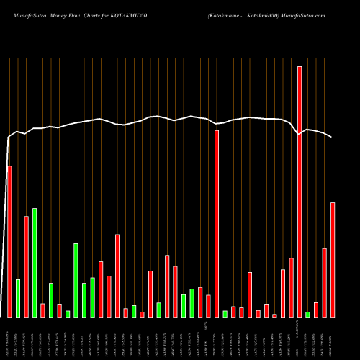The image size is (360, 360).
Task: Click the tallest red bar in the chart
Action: tap(300, 192)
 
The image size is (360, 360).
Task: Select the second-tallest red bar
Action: tap(217, 223)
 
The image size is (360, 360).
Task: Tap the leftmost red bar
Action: tap(9, 241)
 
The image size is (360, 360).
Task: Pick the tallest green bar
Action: tap(35, 262)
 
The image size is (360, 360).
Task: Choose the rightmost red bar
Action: tap(333, 259)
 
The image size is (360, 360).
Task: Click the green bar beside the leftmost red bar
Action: tap(18, 297)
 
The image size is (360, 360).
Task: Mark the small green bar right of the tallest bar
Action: tap(308, 314)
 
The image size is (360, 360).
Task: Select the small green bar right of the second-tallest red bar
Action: tap(225, 313)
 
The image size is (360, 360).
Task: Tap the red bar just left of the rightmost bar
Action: tap(325, 282)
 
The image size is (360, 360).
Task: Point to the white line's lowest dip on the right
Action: tap(300, 134)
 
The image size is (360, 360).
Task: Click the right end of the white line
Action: tap(332, 137)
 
